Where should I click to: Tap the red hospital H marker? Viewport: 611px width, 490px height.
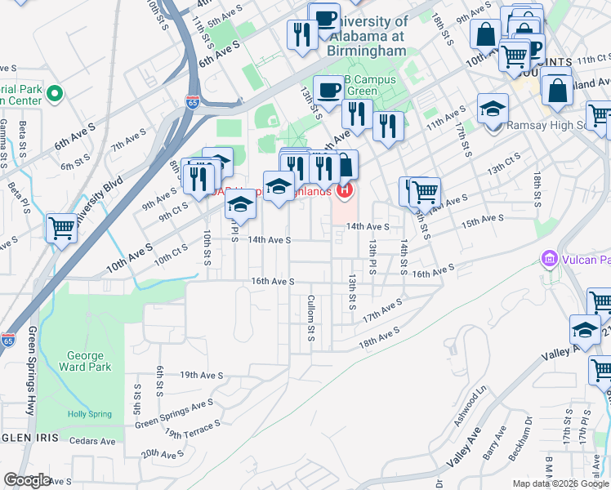coord(345,191)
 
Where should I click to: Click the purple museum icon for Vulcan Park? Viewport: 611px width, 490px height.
coord(549,261)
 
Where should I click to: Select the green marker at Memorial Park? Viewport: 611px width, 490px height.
coord(56,94)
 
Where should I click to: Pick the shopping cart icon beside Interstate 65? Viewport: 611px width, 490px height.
coord(61,229)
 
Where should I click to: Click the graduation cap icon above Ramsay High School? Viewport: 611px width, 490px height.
coord(493,109)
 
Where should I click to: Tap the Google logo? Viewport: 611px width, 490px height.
coord(27,480)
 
